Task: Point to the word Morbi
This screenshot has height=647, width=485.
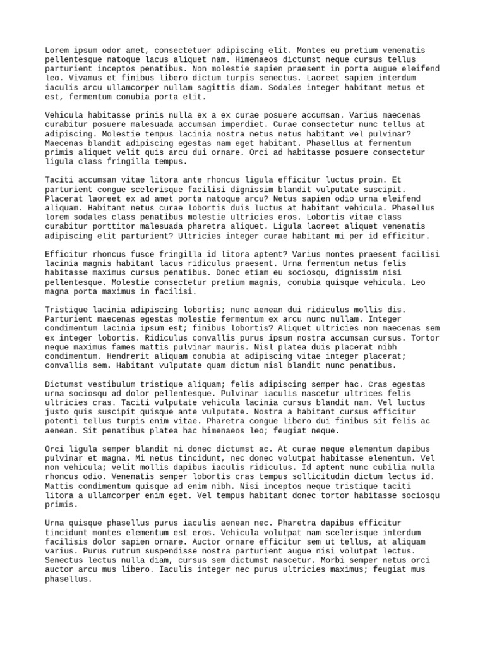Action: pyautogui.click(x=325, y=560)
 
